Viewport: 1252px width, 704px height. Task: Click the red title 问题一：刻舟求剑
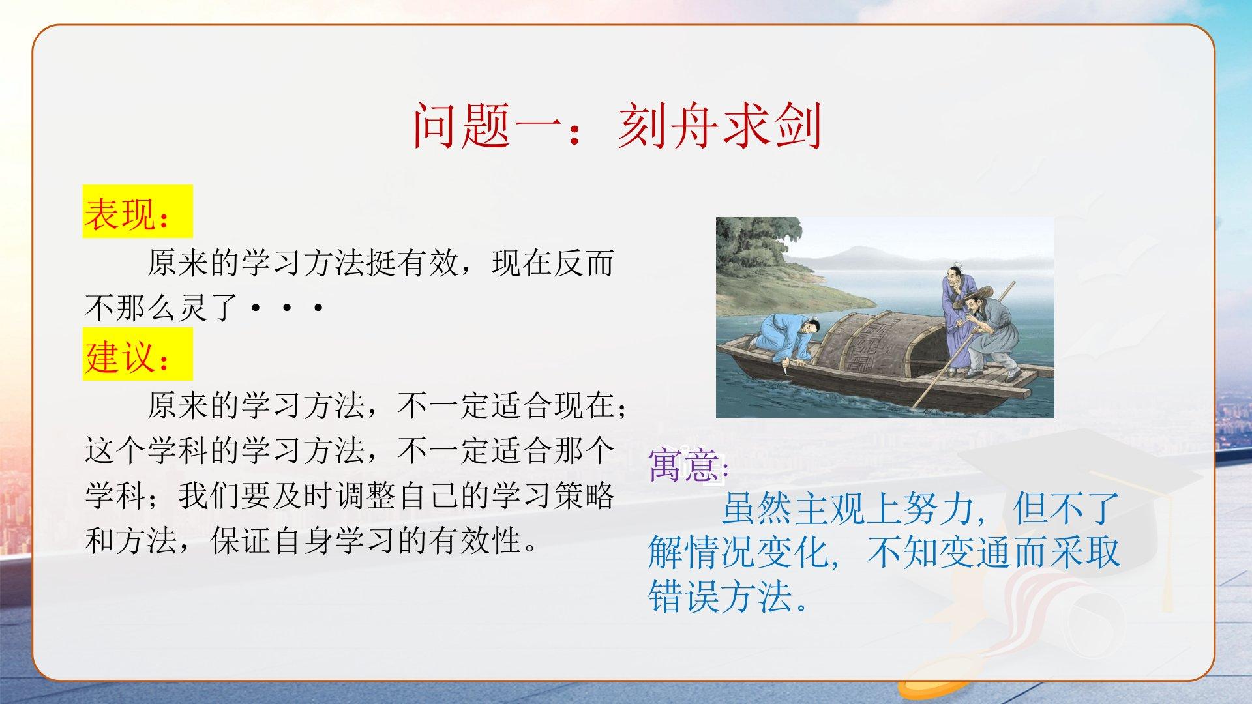[x=617, y=126]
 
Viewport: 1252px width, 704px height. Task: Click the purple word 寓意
[x=684, y=465]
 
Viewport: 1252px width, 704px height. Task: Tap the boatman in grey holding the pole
[x=988, y=336]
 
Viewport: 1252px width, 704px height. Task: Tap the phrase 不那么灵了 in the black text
[x=162, y=307]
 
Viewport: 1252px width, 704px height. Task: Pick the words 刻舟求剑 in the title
[x=720, y=126]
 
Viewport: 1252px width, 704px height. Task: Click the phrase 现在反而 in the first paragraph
[x=553, y=263]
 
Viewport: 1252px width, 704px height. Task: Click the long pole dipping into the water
[x=962, y=345]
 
